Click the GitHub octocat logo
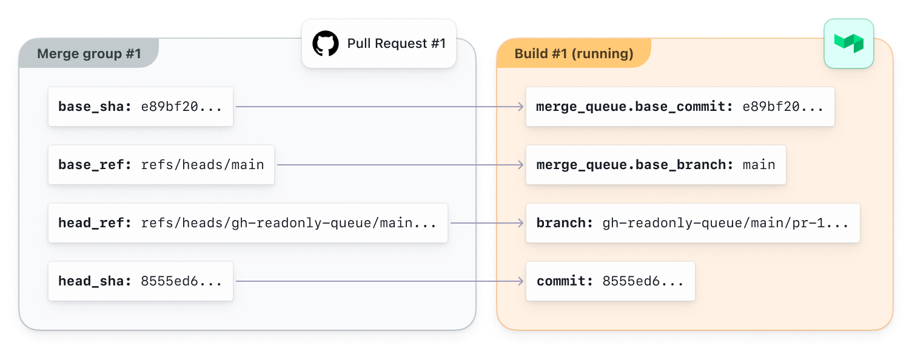coord(326,44)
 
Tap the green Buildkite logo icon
coord(848,43)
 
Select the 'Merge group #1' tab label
coord(89,54)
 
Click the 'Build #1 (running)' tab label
coord(574,54)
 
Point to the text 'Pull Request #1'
coord(396,44)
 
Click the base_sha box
coord(141,107)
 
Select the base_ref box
coord(161,165)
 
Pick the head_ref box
coord(248,223)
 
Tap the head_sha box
coord(141,281)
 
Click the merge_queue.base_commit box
coord(680,107)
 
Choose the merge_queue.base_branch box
coord(655,165)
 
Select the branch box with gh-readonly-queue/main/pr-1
coord(692,223)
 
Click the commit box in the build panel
coord(610,281)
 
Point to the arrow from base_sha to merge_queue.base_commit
coord(379,107)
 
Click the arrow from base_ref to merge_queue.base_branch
coord(400,165)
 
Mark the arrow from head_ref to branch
coord(487,223)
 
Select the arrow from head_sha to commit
coord(379,281)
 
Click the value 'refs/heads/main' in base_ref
coord(203,165)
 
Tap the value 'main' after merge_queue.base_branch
coord(759,165)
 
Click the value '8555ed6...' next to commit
coord(643,281)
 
